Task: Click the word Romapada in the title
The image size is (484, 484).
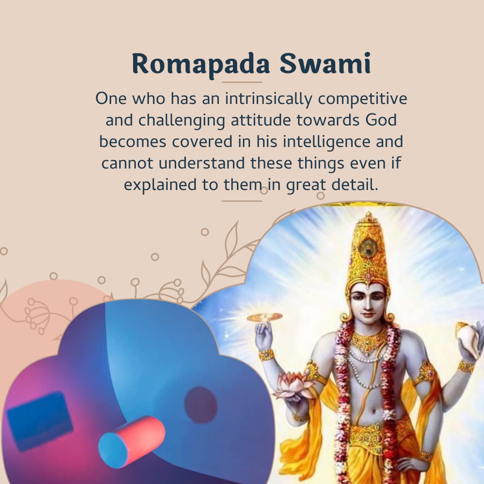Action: (201, 64)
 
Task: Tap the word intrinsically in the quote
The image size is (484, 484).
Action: (268, 99)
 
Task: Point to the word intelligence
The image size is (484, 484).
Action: (327, 142)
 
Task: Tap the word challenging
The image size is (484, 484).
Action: (181, 121)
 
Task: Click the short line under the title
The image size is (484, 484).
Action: (242, 82)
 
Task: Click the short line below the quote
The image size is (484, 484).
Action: (242, 201)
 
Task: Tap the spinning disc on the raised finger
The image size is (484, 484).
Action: (264, 317)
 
